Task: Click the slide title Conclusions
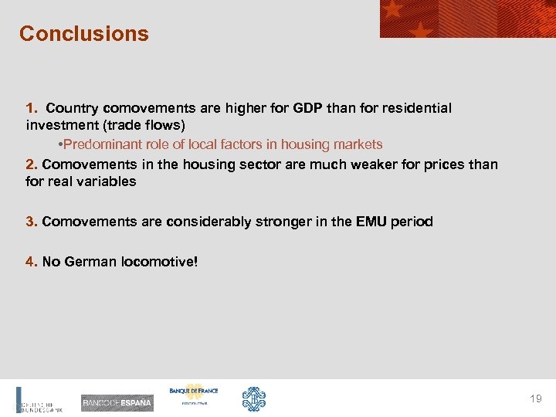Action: point(83,34)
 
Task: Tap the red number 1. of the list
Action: point(32,108)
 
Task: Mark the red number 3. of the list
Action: point(32,222)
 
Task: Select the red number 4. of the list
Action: point(32,262)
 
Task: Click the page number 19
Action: point(536,398)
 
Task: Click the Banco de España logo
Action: point(117,403)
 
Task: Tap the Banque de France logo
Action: point(193,395)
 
